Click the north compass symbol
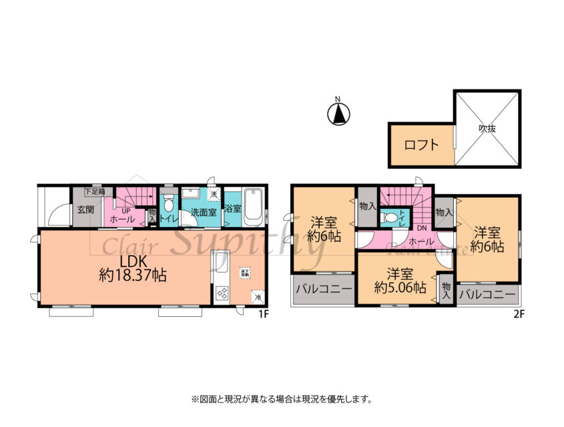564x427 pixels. point(338,114)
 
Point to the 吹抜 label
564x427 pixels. point(487,129)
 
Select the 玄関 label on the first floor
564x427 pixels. point(85,209)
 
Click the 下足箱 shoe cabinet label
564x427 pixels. point(94,191)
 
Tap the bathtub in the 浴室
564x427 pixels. point(254,207)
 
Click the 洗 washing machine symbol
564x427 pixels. point(214,194)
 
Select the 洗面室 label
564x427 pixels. point(202,213)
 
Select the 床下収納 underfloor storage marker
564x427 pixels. point(246,273)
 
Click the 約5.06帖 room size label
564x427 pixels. point(400,288)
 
